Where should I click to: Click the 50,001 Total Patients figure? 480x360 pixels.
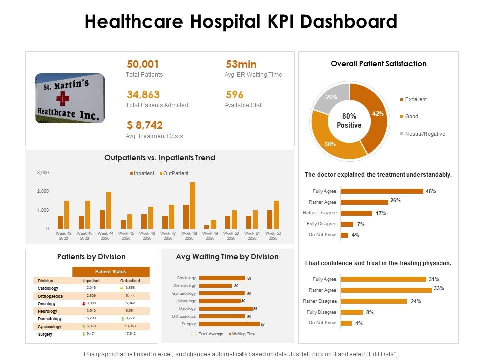pyautogui.click(x=143, y=64)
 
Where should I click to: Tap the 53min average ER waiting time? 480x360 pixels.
pyautogui.click(x=241, y=64)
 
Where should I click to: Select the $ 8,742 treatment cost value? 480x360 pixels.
pyautogui.click(x=145, y=125)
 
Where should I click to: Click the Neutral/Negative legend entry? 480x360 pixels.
pyautogui.click(x=424, y=134)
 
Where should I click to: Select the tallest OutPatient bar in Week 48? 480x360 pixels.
pyautogui.click(x=192, y=205)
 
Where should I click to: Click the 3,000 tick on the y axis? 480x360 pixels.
pyautogui.click(x=43, y=173)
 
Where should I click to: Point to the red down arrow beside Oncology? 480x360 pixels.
pyautogui.click(x=84, y=304)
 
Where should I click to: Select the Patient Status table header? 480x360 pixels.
pyautogui.click(x=111, y=272)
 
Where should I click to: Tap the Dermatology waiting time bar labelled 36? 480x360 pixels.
pyautogui.click(x=215, y=285)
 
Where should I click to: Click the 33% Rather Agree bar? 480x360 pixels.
pyautogui.click(x=386, y=290)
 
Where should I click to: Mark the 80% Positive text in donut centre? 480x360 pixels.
pyautogui.click(x=349, y=121)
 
